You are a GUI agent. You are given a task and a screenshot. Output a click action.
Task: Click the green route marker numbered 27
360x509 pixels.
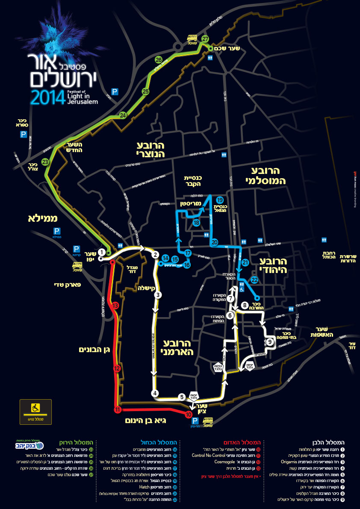pyautogui.click(x=206, y=39)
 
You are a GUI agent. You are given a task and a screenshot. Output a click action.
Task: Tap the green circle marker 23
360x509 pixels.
pyautogui.click(x=45, y=162)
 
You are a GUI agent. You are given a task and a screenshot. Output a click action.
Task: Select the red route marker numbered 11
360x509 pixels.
pyautogui.click(x=117, y=410)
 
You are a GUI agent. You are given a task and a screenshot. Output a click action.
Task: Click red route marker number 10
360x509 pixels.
pyautogui.click(x=189, y=415)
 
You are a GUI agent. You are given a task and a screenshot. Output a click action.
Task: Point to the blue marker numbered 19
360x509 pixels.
pyautogui.click(x=219, y=200)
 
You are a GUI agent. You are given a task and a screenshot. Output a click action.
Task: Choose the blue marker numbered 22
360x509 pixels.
pyautogui.click(x=254, y=280)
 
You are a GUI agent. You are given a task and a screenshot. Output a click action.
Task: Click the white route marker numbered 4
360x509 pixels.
pyautogui.click(x=155, y=393)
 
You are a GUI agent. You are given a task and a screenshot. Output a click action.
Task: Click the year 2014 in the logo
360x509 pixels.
pyautogui.click(x=47, y=97)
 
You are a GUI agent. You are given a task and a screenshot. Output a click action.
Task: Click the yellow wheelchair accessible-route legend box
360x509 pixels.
pyautogui.click(x=35, y=412)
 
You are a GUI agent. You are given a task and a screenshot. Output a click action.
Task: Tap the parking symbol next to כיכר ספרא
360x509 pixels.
pyautogui.click(x=23, y=135)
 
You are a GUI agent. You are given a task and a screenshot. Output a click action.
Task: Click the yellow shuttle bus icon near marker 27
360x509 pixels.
pyautogui.click(x=193, y=40)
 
